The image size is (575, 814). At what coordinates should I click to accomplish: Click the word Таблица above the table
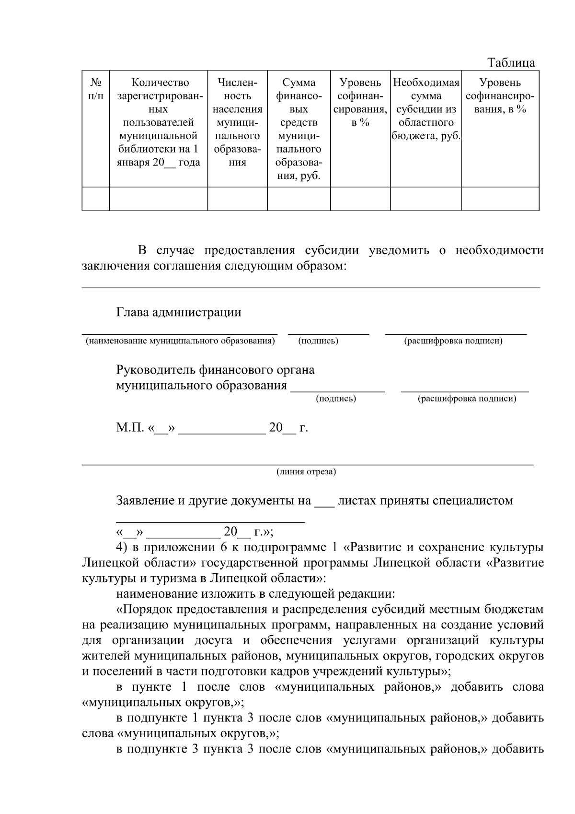(x=511, y=63)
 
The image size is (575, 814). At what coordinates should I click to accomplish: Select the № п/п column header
(x=95, y=89)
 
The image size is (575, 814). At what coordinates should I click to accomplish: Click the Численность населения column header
(x=237, y=122)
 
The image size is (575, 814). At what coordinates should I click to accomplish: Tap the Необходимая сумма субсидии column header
(x=425, y=109)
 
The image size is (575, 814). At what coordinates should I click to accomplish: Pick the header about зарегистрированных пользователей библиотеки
(x=158, y=122)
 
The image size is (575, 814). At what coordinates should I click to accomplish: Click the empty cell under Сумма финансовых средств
(x=299, y=199)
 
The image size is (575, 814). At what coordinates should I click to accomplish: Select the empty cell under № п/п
(x=95, y=199)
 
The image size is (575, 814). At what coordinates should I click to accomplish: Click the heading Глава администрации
(x=178, y=313)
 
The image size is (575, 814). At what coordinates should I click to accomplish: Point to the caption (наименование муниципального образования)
(x=180, y=341)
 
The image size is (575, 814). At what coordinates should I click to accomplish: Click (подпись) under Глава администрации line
(x=318, y=341)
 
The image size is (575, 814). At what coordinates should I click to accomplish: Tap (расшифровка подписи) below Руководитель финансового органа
(x=467, y=399)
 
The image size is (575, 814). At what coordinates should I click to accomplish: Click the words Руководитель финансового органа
(x=215, y=370)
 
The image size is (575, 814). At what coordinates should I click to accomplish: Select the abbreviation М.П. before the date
(x=129, y=428)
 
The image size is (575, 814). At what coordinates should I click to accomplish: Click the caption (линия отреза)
(x=306, y=472)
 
